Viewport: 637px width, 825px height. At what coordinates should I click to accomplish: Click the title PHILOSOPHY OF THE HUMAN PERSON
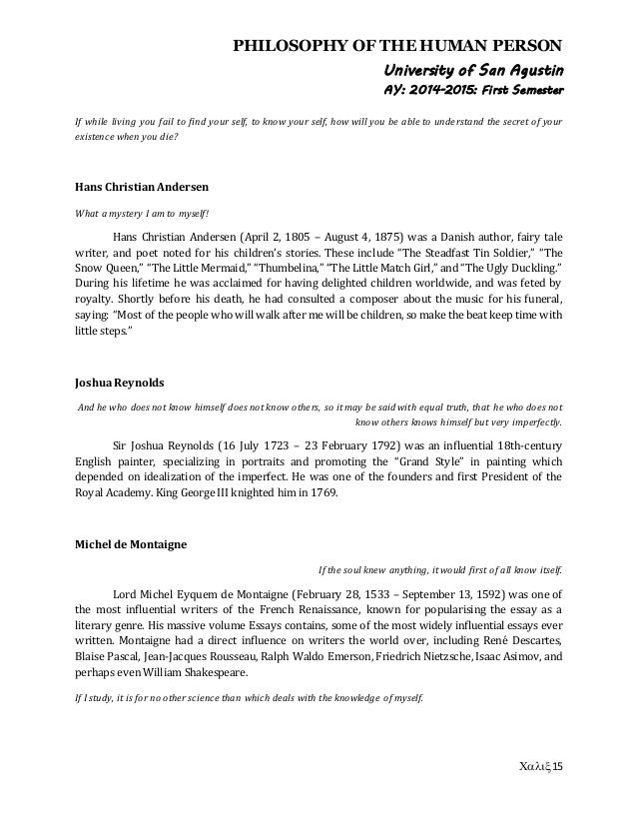pyautogui.click(x=397, y=44)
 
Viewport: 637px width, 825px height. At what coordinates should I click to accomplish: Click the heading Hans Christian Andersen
pyautogui.click(x=135, y=185)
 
